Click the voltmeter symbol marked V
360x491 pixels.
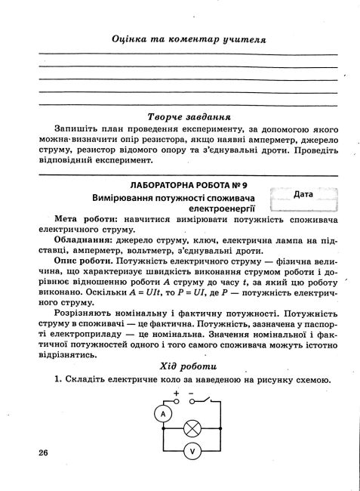(x=192, y=450)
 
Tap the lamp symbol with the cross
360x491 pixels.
(x=192, y=426)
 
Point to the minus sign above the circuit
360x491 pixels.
(x=192, y=394)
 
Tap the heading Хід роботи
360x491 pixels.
(x=179, y=365)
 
